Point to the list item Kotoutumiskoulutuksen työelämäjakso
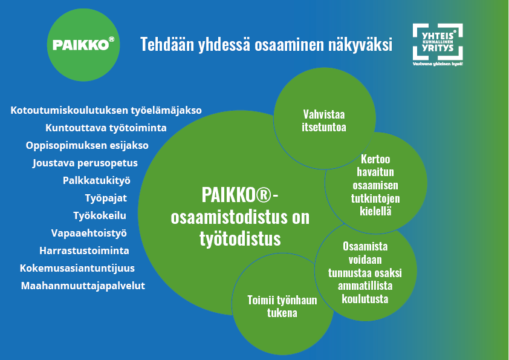click(x=106, y=110)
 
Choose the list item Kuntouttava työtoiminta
click(x=106, y=128)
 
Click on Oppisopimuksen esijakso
click(x=87, y=145)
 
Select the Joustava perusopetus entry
click(x=85, y=163)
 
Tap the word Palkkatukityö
click(x=97, y=180)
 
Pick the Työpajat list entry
click(x=106, y=198)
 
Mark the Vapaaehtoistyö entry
click(x=89, y=233)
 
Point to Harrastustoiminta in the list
click(x=84, y=250)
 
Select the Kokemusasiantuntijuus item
click(x=77, y=268)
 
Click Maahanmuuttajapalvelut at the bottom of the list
click(x=83, y=286)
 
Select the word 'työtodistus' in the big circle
click(x=240, y=238)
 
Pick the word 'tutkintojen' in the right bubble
click(x=375, y=198)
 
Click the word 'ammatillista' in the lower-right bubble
click(x=365, y=286)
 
